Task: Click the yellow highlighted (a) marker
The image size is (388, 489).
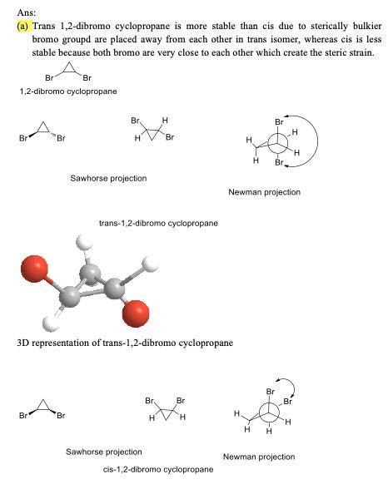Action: [x=23, y=27]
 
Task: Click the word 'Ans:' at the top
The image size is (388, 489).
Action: [x=27, y=12]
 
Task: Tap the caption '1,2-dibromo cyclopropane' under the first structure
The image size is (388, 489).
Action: [x=68, y=91]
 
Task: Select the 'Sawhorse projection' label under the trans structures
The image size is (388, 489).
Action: [x=108, y=178]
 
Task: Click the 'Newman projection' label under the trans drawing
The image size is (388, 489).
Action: [x=265, y=192]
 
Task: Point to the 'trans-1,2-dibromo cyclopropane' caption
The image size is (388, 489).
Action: [x=158, y=223]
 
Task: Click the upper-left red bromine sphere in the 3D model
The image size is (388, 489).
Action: [x=34, y=269]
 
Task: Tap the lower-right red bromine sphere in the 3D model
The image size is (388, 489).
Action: [x=136, y=314]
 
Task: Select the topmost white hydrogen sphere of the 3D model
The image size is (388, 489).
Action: [x=84, y=242]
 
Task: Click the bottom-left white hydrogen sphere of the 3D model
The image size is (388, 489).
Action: [x=51, y=324]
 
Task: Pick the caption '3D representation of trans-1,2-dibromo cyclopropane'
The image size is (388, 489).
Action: [x=125, y=343]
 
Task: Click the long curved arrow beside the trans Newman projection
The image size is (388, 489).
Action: [x=317, y=141]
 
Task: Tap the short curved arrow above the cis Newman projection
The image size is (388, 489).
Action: [x=293, y=386]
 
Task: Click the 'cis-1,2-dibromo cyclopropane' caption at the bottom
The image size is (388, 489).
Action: [x=158, y=469]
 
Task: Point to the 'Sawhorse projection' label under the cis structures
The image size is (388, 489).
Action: [x=104, y=452]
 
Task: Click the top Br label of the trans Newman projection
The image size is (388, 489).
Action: [x=279, y=122]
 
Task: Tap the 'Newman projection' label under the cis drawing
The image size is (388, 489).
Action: [x=259, y=457]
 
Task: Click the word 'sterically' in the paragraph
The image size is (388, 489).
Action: [x=329, y=27]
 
